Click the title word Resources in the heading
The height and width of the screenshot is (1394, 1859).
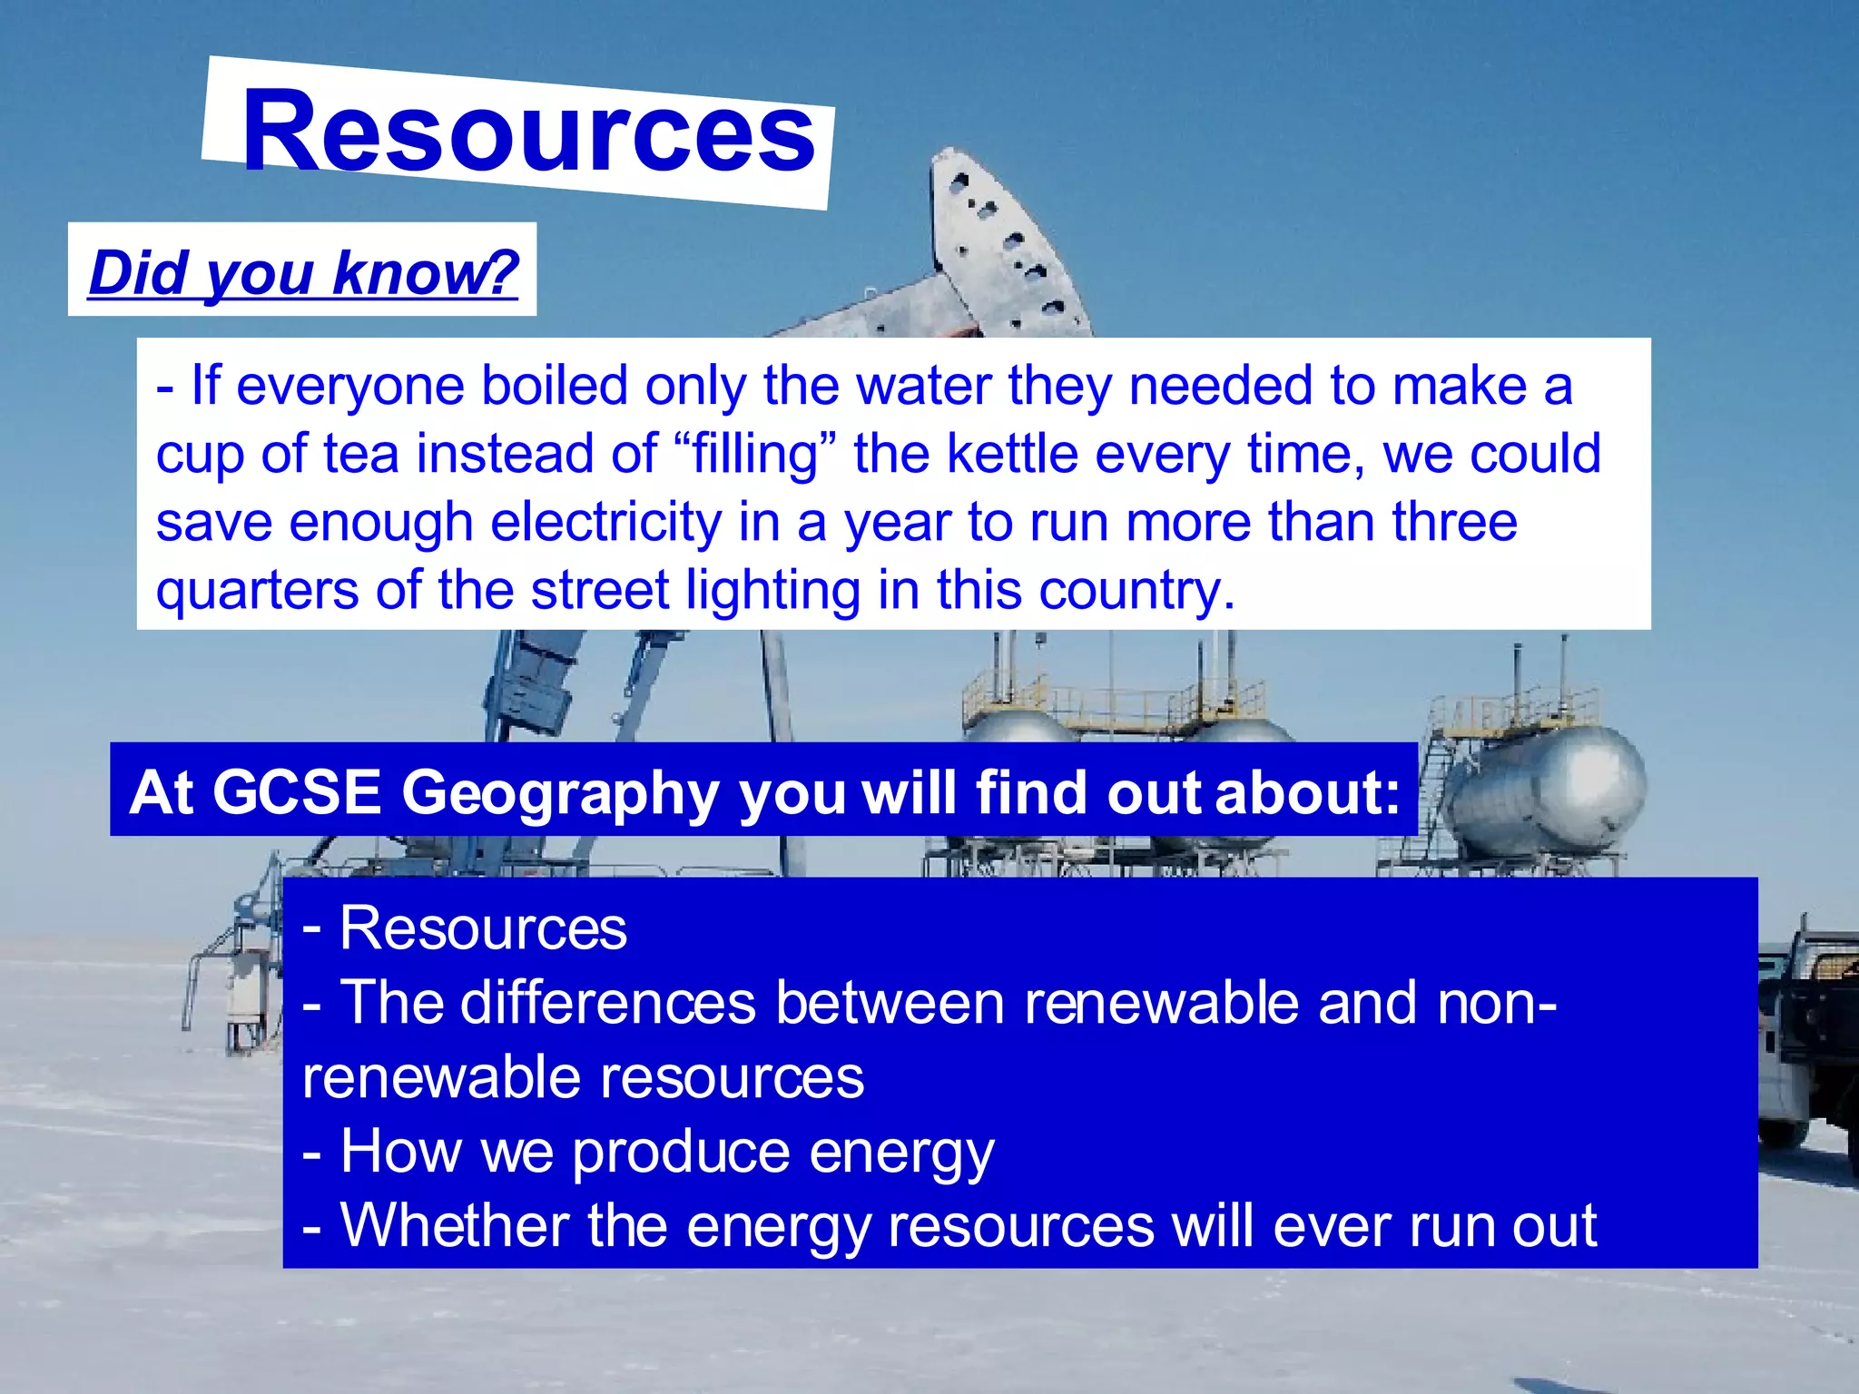(528, 133)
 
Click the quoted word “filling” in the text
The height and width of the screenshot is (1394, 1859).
(756, 454)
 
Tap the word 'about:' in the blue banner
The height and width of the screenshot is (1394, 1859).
(1307, 791)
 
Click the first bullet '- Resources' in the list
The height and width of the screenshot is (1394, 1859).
(465, 928)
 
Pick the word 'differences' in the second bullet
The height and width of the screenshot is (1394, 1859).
(608, 1003)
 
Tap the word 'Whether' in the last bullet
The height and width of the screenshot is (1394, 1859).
(454, 1225)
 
